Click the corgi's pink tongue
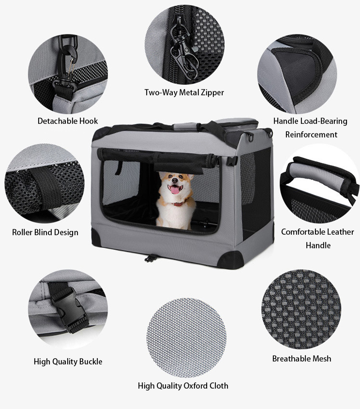(x=175, y=190)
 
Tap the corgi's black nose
(x=174, y=181)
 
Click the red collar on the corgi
(x=180, y=203)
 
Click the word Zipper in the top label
(x=211, y=92)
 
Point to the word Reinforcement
(x=311, y=135)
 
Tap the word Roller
(x=22, y=232)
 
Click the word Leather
(x=339, y=232)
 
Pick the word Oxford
(x=195, y=386)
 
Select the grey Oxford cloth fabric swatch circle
(x=186, y=338)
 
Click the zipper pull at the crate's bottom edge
(x=150, y=258)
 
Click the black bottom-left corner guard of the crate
(x=96, y=237)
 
